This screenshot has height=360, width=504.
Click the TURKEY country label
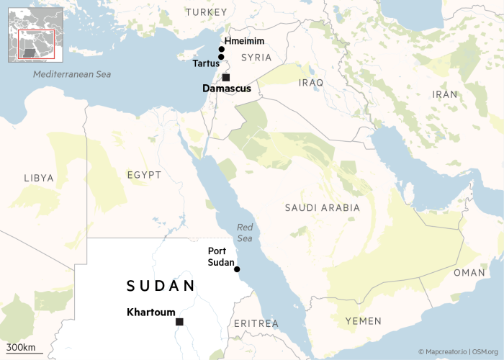[206, 12]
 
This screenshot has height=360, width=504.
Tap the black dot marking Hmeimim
[221, 49]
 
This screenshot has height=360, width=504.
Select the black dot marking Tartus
[221, 57]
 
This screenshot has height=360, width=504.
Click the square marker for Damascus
[226, 77]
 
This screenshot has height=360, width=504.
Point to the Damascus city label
[227, 89]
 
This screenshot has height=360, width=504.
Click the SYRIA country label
[256, 57]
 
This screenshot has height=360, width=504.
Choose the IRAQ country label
[312, 83]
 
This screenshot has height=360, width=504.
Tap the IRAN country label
[444, 94]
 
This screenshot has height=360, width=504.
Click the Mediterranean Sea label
[73, 74]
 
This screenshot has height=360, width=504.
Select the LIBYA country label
[39, 177]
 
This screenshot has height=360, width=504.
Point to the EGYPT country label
[144, 175]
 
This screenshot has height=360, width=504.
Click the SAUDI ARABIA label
[322, 207]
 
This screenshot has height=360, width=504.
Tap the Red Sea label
[246, 233]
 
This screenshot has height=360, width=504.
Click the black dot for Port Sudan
[237, 269]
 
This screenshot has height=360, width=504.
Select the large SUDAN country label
[161, 286]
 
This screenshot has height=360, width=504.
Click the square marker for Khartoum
[179, 322]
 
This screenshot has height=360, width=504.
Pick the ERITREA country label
[256, 324]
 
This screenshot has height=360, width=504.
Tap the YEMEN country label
[363, 320]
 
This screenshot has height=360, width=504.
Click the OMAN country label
[469, 273]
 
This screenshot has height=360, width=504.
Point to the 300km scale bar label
[21, 348]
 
